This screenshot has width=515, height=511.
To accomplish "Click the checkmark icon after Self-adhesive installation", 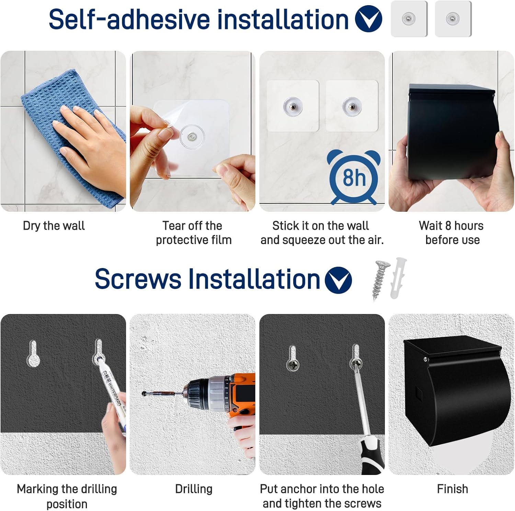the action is [368, 19].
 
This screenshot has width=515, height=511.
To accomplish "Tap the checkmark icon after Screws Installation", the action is [338, 280].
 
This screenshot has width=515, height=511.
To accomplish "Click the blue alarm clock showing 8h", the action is [354, 177].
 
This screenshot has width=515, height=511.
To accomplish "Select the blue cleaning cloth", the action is [74, 137].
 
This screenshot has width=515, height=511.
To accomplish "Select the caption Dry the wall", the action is [54, 226].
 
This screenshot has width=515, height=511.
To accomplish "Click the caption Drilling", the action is [194, 489].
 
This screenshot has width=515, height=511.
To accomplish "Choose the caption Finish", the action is [452, 489].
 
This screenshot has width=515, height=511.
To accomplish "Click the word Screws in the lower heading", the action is [138, 279].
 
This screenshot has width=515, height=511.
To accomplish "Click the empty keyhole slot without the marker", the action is [33, 353].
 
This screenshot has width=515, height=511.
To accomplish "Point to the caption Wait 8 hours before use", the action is [451, 233].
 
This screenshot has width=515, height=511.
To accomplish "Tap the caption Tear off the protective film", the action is [193, 233].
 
